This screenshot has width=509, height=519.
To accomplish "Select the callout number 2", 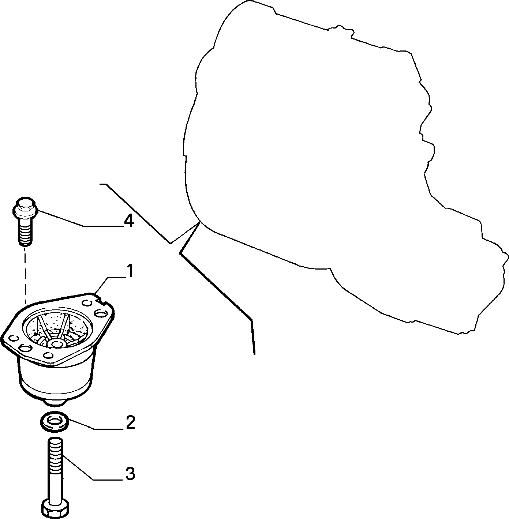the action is tap(130, 422).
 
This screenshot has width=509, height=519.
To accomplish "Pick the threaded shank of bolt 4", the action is tap(25, 231).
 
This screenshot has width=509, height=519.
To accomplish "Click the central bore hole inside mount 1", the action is tap(56, 343).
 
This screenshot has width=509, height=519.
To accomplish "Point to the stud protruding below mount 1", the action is tap(56, 403).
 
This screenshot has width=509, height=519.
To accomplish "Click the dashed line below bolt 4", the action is tap(25, 275).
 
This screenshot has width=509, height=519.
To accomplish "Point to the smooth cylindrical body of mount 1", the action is tap(57, 377).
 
